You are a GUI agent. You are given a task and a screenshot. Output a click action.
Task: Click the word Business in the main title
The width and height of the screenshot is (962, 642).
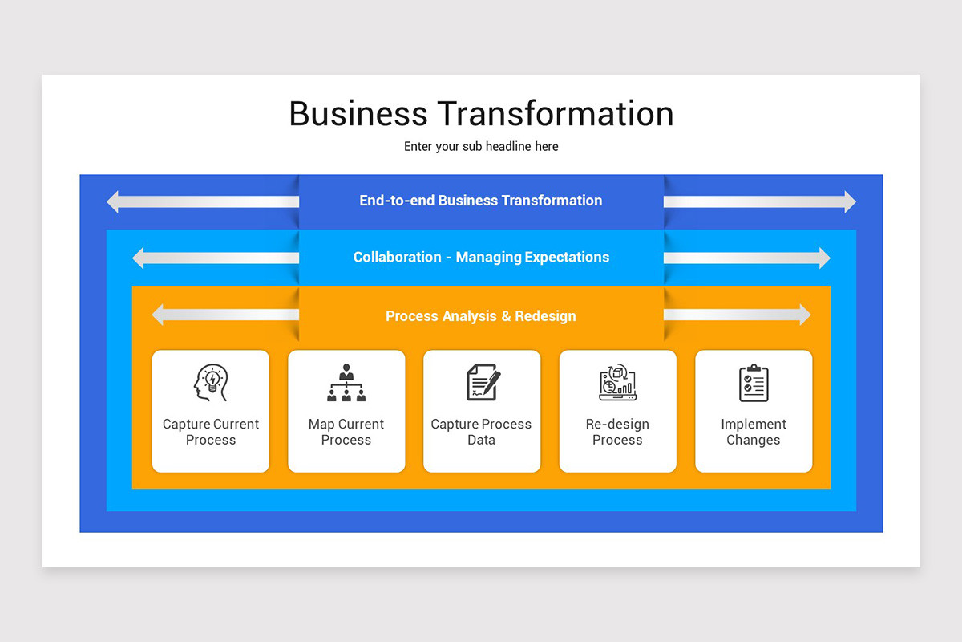(x=359, y=114)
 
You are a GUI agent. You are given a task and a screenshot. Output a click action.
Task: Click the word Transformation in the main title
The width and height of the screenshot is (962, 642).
(x=556, y=114)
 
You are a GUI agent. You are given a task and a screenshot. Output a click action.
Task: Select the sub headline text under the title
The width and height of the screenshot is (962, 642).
(x=481, y=147)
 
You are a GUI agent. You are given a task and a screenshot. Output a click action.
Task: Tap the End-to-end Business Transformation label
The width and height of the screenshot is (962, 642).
(x=481, y=201)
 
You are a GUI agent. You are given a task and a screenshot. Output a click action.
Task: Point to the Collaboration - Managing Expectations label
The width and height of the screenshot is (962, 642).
(x=481, y=258)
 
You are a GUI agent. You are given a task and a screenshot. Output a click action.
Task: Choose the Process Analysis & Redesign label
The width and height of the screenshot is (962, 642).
(x=481, y=316)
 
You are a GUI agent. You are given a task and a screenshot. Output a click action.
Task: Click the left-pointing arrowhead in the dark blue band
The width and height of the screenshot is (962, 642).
(x=114, y=201)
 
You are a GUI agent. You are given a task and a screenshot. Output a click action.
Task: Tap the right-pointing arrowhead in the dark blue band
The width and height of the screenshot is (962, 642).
(x=848, y=201)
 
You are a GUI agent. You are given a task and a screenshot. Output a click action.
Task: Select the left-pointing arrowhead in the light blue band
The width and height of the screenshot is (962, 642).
(x=139, y=258)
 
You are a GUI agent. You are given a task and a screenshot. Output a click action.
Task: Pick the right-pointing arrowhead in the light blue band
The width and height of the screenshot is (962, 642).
(x=823, y=258)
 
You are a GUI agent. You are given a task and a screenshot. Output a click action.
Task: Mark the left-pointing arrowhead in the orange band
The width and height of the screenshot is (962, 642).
(x=159, y=315)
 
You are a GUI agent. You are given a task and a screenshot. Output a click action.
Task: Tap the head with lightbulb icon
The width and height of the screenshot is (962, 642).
(x=211, y=383)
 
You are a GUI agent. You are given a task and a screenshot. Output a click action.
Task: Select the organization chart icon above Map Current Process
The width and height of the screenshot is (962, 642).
(x=346, y=383)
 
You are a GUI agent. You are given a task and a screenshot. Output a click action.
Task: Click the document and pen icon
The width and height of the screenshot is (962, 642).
(x=483, y=382)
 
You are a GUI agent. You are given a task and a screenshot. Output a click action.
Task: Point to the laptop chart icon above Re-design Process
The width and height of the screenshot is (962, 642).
(x=617, y=383)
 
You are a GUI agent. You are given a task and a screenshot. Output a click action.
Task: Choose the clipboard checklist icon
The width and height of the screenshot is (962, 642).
(x=754, y=383)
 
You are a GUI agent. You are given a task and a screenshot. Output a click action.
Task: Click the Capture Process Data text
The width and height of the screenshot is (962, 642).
(x=481, y=432)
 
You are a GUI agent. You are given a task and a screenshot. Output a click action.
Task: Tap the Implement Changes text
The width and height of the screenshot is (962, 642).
(x=754, y=432)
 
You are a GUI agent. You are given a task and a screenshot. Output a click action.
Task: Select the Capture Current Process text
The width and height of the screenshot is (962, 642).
(x=211, y=432)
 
